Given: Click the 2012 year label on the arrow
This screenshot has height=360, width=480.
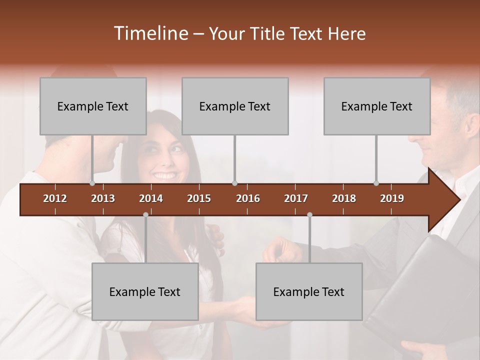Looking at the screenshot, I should pos(55,198).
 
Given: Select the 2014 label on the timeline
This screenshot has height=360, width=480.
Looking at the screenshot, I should pos(151,198).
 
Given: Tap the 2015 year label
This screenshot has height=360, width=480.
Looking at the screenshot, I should pos(199,198).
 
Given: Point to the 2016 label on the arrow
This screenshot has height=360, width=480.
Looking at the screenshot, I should pos(248,198).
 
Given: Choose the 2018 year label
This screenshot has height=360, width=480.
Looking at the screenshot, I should pos(344,198).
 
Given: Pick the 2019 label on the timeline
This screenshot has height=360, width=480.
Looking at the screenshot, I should pos(392,198).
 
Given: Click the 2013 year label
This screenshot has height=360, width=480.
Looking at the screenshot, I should pos(103,198).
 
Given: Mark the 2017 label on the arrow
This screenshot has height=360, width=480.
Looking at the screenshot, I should pos(296,198).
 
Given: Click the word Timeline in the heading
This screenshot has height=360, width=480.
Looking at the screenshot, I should pos(150,33).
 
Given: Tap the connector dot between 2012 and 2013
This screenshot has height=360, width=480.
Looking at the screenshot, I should pos(92,183).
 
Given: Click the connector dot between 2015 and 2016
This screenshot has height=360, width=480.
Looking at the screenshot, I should pos(234,183).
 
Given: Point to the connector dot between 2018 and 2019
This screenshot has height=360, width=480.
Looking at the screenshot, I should pos(376,183).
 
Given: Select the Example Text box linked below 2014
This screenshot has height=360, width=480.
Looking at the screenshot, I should pos(145,291).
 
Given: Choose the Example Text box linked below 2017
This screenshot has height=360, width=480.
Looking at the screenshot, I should pos(309,291).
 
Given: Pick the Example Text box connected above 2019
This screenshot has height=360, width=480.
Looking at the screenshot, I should pos(377,106).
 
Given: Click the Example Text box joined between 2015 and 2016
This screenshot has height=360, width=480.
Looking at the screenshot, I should pos(235,106).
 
